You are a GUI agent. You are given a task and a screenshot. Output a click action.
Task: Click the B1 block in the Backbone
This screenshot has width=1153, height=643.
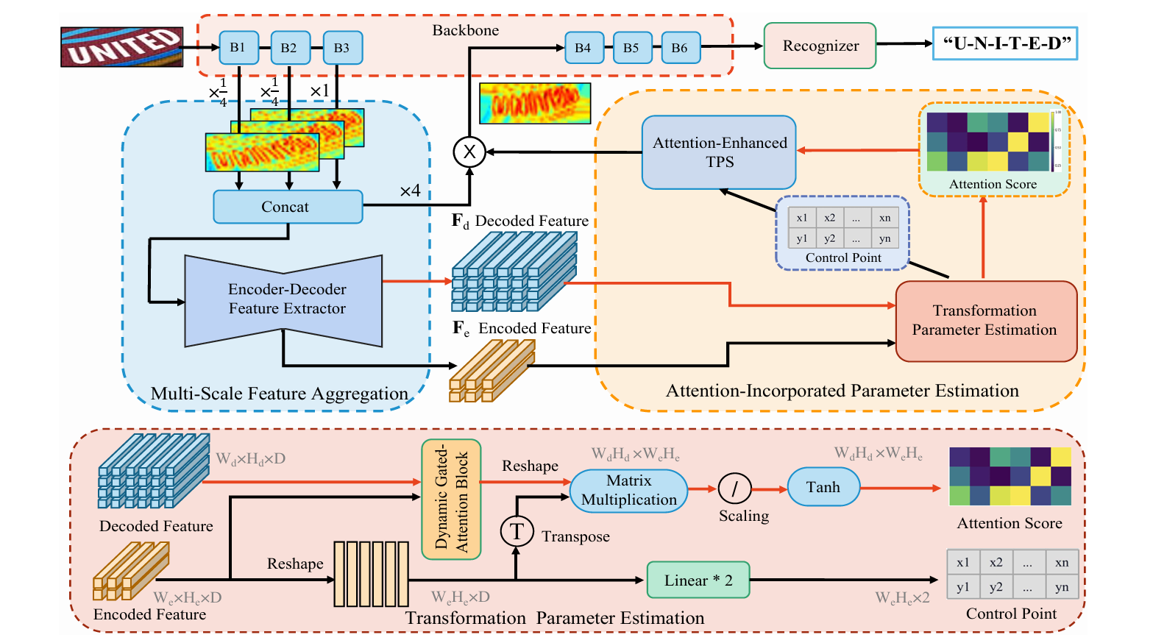pos(238,48)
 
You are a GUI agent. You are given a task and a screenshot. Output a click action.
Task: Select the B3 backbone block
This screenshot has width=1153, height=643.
pos(342,48)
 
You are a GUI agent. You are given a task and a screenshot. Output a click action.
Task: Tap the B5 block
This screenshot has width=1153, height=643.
pos(631,48)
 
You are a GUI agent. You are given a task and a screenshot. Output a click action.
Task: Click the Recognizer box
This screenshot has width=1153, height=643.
pos(820,46)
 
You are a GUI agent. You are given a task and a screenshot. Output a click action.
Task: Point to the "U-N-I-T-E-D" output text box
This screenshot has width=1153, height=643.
pos(1005,43)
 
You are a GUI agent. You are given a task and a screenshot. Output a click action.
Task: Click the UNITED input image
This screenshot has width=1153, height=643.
pos(121,47)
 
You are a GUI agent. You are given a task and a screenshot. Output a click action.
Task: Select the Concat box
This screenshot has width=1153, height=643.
pos(288,207)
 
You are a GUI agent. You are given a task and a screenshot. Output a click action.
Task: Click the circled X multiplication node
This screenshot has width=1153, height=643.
pos(469,152)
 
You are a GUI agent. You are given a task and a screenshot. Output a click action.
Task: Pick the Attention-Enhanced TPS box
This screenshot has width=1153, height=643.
pos(719,152)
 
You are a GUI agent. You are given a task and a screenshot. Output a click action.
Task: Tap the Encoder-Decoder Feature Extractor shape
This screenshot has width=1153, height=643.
pos(285,299)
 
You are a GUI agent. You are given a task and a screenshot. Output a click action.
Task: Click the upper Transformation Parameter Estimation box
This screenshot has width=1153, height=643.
pos(985,321)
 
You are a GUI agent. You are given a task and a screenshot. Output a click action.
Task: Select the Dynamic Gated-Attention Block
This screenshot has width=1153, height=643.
pos(451,500)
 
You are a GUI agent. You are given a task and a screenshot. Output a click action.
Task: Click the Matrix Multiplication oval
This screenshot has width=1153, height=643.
pos(628,491)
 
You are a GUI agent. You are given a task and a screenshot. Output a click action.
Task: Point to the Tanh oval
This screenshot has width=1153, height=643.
pos(823,487)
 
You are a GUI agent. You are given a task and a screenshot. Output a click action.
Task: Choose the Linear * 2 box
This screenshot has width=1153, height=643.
pos(698,580)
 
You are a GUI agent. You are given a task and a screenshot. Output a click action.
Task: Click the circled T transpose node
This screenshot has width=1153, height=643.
pos(517,531)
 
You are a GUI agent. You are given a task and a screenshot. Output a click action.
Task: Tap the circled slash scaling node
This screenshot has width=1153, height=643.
pos(734,488)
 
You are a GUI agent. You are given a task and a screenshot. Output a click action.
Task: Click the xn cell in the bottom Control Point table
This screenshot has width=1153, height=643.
pos(1062,563)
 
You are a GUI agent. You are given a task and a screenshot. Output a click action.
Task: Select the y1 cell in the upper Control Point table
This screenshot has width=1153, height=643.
pos(801,238)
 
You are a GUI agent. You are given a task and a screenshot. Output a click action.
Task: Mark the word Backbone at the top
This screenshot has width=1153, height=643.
pos(465,30)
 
